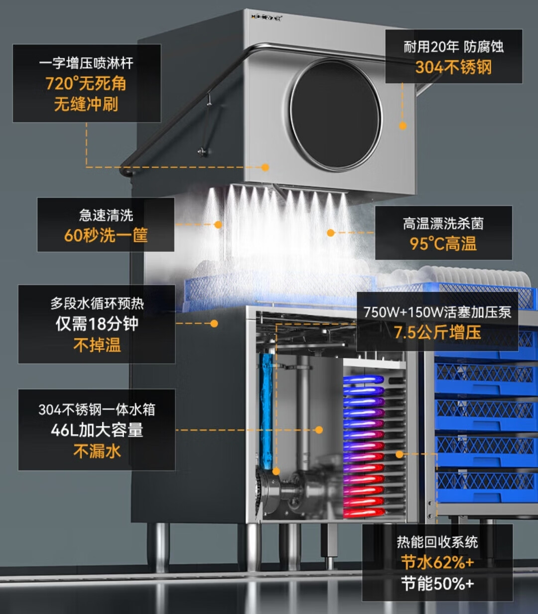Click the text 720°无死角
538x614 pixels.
click(x=86, y=83)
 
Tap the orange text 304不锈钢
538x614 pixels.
click(x=453, y=67)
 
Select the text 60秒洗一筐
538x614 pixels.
click(x=106, y=235)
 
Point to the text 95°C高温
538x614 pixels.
click(x=443, y=244)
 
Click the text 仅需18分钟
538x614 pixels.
click(x=97, y=324)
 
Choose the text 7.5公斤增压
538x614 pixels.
click(x=437, y=332)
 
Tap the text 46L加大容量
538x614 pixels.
click(x=97, y=430)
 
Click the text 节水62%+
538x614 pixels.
click(x=437, y=563)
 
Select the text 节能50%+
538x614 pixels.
click(x=437, y=584)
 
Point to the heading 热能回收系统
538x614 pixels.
click(x=437, y=542)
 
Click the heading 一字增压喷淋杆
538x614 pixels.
click(x=86, y=63)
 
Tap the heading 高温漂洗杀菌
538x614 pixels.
click(x=443, y=224)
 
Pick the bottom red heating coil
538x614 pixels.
click(x=364, y=512)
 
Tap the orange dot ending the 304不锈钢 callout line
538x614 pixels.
click(x=403, y=126)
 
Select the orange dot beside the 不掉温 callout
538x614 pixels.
click(x=214, y=323)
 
